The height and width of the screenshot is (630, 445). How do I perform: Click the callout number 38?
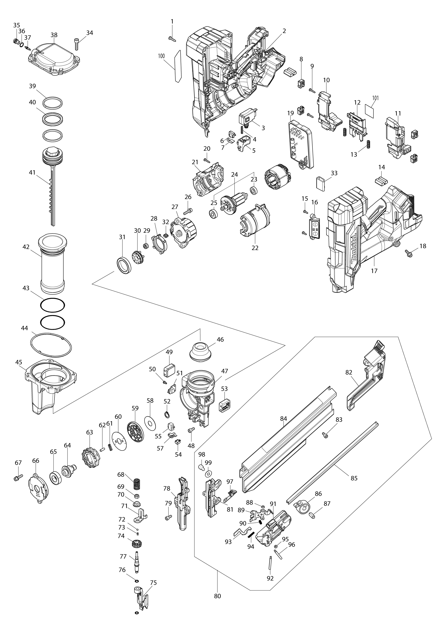54,35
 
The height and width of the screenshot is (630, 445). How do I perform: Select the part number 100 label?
161,56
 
